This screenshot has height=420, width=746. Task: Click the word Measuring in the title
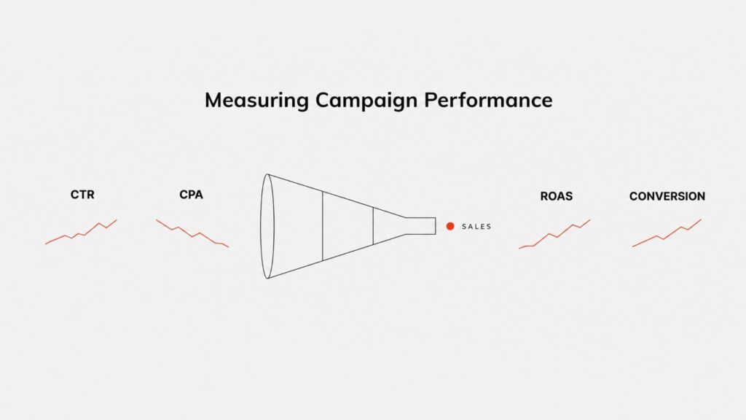click(257, 101)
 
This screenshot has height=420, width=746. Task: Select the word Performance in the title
click(488, 100)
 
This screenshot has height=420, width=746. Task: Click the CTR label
click(82, 195)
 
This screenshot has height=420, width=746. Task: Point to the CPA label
click(192, 195)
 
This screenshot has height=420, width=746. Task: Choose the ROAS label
click(556, 196)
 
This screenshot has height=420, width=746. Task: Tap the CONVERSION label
click(667, 196)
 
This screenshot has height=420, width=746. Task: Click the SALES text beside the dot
click(476, 227)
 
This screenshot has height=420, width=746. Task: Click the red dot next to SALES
click(450, 226)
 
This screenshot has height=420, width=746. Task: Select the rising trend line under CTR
click(81, 233)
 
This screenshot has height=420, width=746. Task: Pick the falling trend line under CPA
click(192, 234)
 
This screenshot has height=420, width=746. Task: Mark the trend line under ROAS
click(554, 235)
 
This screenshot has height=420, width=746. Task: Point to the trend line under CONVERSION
click(666, 233)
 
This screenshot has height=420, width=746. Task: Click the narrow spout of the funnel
click(420, 226)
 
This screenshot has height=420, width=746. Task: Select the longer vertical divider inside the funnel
click(323, 226)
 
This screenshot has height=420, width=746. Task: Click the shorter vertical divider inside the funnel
click(373, 226)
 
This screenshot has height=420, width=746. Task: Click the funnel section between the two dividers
click(348, 226)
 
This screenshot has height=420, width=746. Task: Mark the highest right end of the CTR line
click(117, 220)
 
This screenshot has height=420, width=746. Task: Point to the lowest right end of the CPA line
click(228, 246)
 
